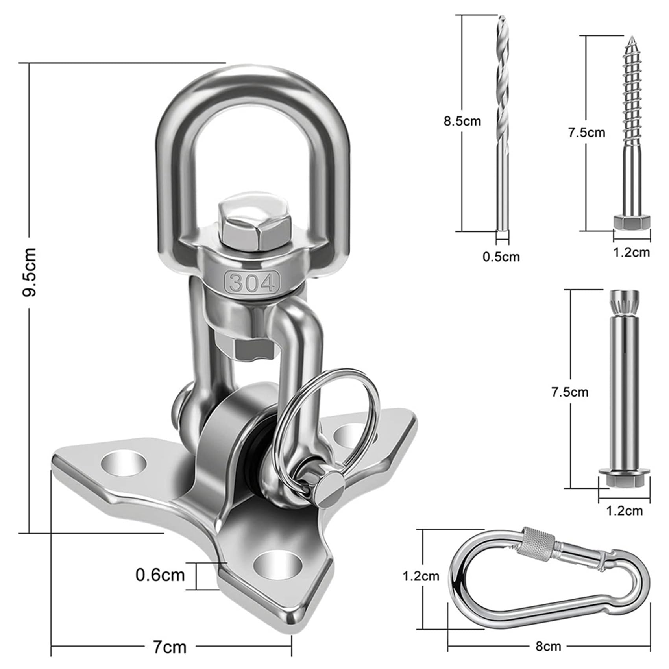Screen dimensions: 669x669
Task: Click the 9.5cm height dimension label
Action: [x=30, y=272]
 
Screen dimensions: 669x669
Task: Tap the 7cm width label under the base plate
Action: [x=169, y=647]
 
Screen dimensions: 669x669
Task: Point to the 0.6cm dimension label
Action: [x=160, y=575]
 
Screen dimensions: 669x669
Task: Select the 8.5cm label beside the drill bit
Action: [x=462, y=121]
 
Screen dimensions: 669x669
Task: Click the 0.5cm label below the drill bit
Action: [x=501, y=257]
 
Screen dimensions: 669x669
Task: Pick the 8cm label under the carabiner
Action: [x=548, y=646]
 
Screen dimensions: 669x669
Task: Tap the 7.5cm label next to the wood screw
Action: [x=586, y=133]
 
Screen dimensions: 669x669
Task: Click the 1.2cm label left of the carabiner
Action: [x=421, y=577]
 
